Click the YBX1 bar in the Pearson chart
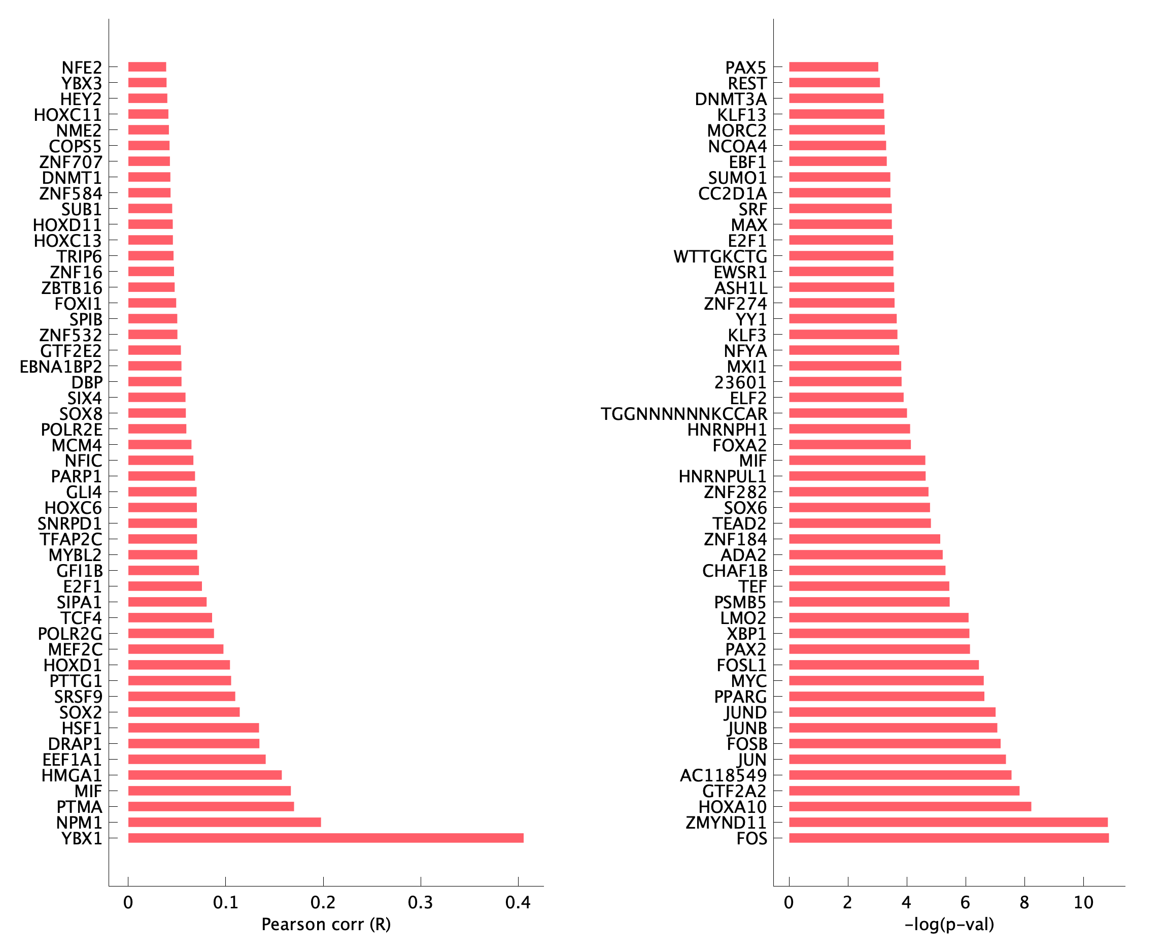[x=326, y=838]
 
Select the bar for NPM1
[x=224, y=822]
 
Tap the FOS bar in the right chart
[x=949, y=838]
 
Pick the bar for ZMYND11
[x=948, y=822]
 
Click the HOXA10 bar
[x=910, y=806]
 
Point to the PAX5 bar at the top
[x=834, y=67]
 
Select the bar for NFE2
[x=147, y=67]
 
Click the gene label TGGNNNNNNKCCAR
[x=684, y=414]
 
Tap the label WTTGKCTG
[x=720, y=256]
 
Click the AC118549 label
[x=723, y=775]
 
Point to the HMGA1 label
[x=72, y=775]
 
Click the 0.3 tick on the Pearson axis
[x=420, y=903]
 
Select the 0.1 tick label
[x=225, y=903]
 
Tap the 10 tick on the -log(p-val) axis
[x=1083, y=903]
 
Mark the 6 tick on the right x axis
[x=965, y=903]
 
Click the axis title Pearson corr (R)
[x=326, y=925]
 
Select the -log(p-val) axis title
[x=949, y=925]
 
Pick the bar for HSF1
[x=193, y=728]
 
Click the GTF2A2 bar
[x=904, y=791]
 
